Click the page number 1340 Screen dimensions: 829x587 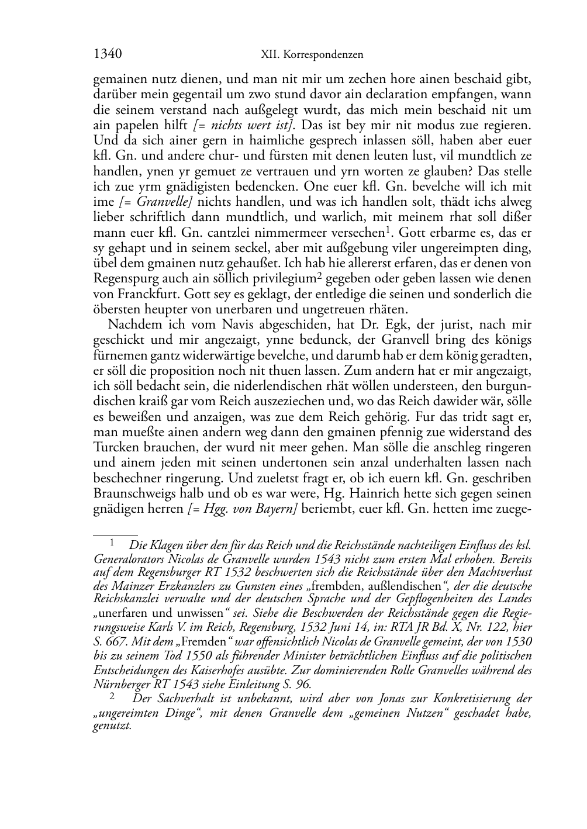tap(107, 54)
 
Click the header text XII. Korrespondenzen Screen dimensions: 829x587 tap(312, 55)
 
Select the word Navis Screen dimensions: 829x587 tap(227, 325)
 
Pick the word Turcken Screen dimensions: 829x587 tap(116, 447)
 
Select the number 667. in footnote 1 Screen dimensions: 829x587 tap(106, 642)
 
